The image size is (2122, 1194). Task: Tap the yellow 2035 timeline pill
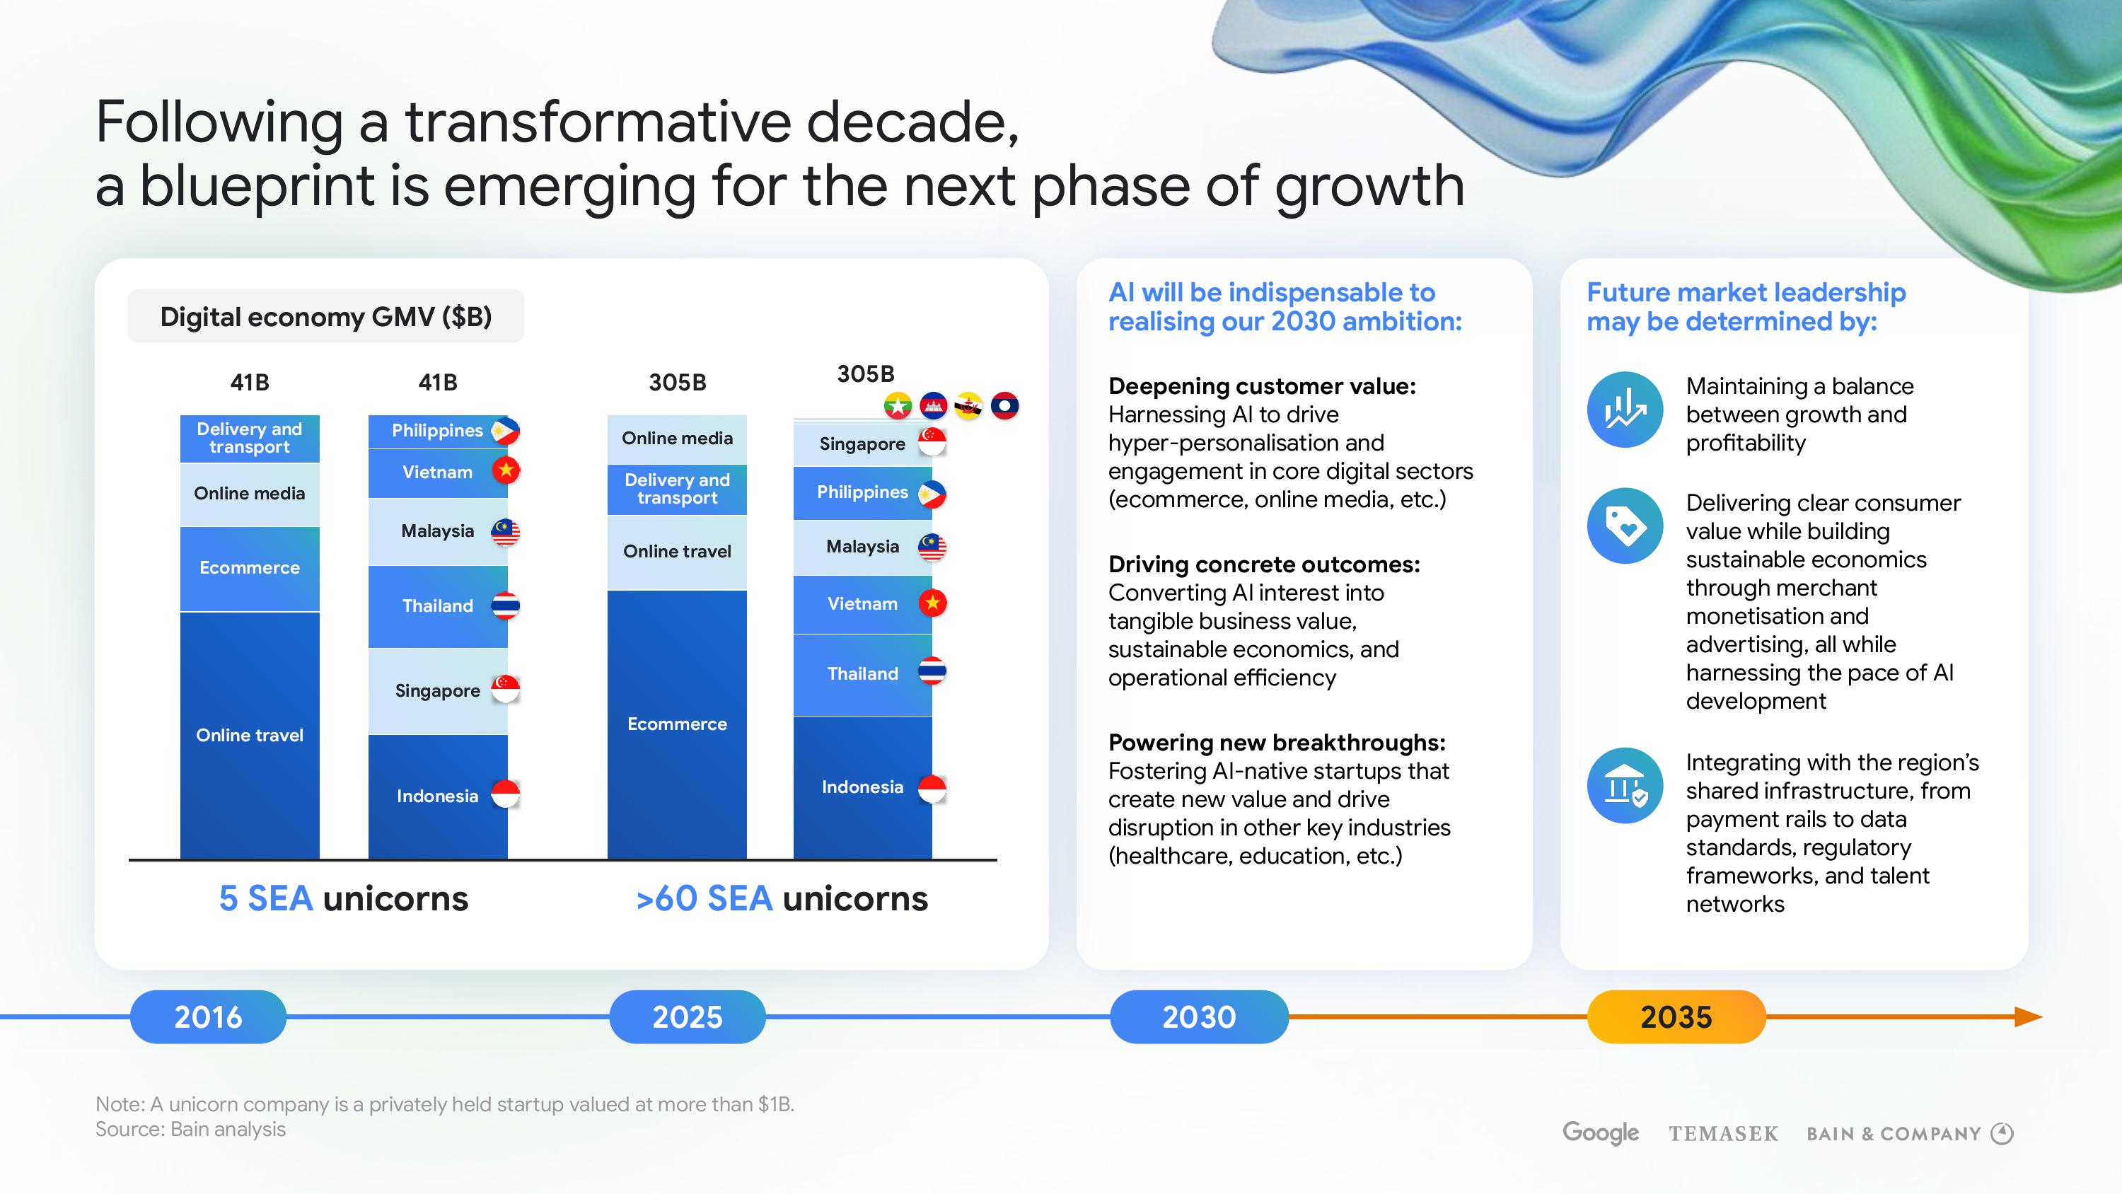(1676, 1017)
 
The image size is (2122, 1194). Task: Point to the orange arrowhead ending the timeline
(2029, 1017)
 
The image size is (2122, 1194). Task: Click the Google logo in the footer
(1601, 1133)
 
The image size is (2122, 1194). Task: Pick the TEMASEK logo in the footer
(1723, 1134)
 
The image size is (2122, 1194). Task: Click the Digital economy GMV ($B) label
(325, 316)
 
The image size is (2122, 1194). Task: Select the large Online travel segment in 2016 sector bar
(250, 735)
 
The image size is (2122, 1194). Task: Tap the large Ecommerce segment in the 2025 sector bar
(677, 724)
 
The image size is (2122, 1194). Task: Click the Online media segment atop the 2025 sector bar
(677, 439)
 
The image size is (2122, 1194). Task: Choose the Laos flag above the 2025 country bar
(1005, 405)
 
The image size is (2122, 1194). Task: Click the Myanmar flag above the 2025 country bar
(897, 405)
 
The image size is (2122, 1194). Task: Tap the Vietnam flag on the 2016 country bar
(506, 470)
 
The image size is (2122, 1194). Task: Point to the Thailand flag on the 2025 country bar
(932, 671)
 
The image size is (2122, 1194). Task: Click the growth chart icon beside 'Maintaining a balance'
(1625, 410)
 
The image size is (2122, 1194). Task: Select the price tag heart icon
(1625, 526)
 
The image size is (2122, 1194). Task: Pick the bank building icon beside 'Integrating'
(1625, 785)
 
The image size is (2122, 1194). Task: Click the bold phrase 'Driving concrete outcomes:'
(1263, 564)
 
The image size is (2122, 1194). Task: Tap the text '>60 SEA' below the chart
(705, 898)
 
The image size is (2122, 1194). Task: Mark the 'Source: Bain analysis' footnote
(190, 1129)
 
